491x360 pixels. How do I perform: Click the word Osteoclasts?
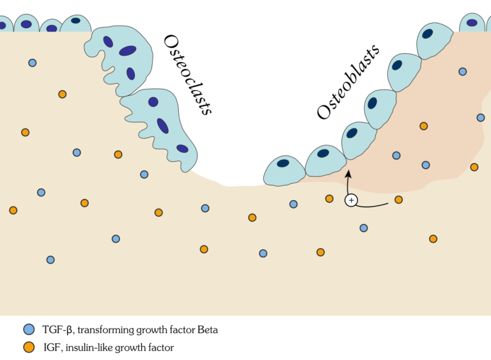[187, 74]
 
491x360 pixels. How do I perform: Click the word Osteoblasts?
[348, 81]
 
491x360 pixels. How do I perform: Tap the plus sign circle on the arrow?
[350, 200]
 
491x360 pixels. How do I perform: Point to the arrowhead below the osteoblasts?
[348, 173]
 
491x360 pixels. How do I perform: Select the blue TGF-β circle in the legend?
[28, 330]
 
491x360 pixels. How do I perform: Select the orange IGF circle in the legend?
[28, 347]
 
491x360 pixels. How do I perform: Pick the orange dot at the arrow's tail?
[398, 200]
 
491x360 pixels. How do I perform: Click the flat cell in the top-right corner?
[472, 22]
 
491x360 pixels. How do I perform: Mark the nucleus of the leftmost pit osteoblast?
[283, 163]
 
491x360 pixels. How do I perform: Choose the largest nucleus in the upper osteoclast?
[127, 51]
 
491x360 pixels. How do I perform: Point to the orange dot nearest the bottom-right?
[433, 239]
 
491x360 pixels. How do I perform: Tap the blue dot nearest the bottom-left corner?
[51, 260]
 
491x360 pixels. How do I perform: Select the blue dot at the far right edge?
[481, 118]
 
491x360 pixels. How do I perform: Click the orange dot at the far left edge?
[13, 210]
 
